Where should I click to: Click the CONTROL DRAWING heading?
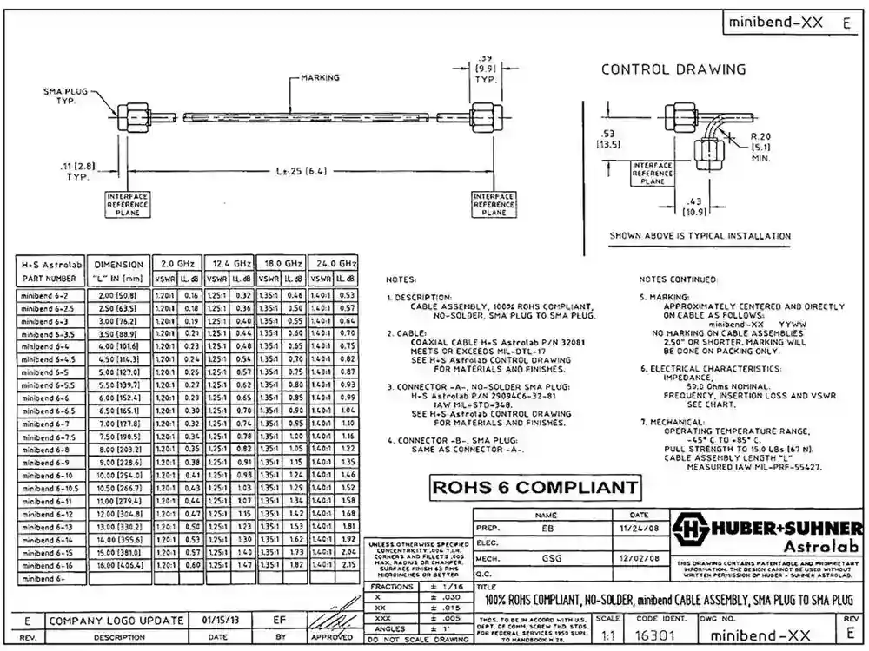click(673, 69)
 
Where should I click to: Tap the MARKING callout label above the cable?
click(321, 77)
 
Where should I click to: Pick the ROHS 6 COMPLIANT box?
click(537, 487)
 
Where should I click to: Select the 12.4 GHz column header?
click(229, 263)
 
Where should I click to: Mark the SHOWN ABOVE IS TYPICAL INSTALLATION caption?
click(700, 235)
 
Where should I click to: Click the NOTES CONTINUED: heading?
click(678, 279)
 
